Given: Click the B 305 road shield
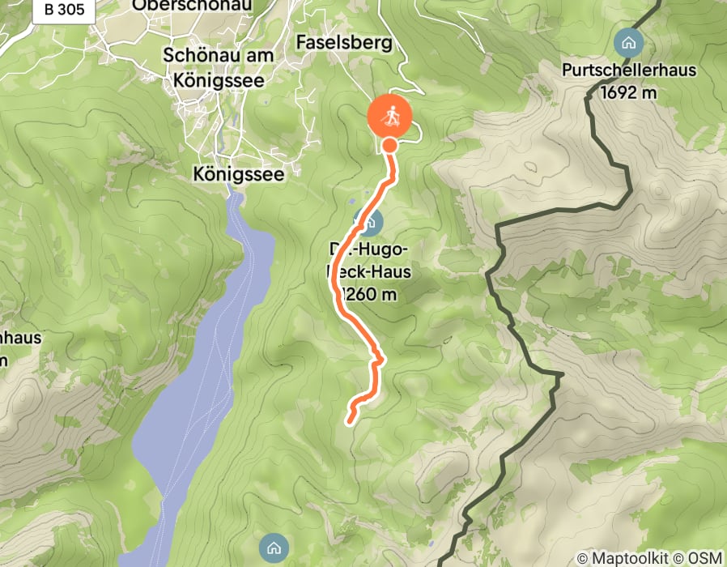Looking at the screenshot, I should (x=64, y=10).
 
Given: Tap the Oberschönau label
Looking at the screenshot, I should (x=192, y=5).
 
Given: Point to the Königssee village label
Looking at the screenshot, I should (x=243, y=173).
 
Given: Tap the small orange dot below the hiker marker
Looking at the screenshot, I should (x=389, y=145).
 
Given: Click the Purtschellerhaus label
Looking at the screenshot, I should (x=628, y=70).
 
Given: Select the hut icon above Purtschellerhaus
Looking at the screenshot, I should (x=627, y=41).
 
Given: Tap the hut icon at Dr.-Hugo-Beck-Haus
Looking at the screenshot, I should (x=368, y=220).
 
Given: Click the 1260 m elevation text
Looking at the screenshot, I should (x=371, y=294).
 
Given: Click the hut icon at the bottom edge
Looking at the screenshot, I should (x=274, y=548).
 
